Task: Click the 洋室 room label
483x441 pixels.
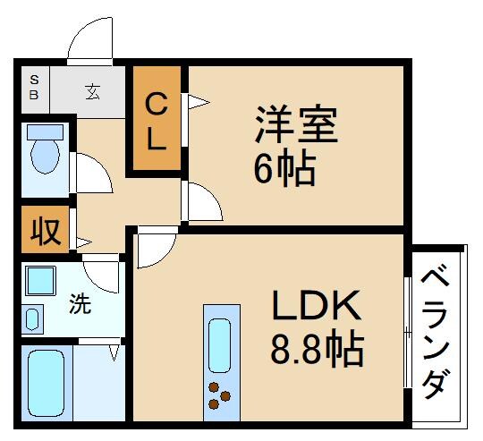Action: pos(296,124)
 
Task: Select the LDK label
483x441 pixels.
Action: pos(316,308)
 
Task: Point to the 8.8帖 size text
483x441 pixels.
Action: pos(317,348)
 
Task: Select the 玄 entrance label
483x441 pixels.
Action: pos(92,89)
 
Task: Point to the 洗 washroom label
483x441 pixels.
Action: pos(80,304)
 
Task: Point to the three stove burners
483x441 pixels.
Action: pos(219,394)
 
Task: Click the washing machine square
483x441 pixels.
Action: pos(40,281)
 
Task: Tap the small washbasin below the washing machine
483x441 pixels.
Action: pos(32,318)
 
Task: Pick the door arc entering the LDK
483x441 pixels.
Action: pos(152,247)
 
